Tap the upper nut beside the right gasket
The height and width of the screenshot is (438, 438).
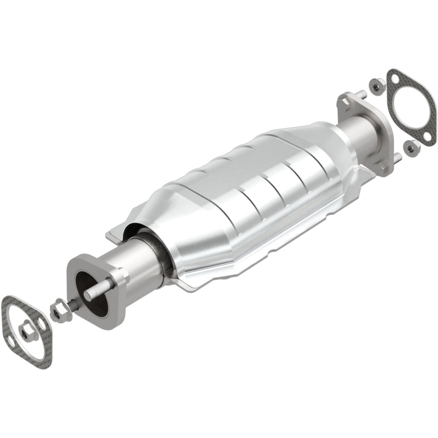tap(376, 85)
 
